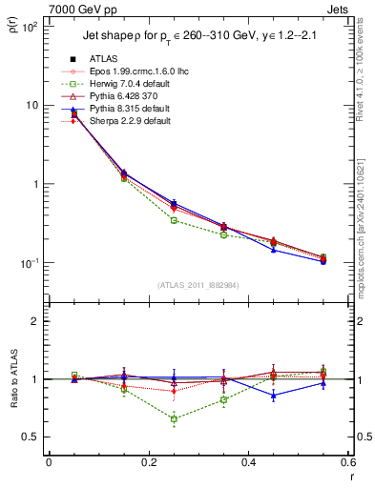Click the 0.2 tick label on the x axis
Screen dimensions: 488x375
[x=148, y=464]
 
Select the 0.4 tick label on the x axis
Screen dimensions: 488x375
[x=248, y=464]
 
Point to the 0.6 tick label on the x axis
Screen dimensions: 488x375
[x=346, y=464]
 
